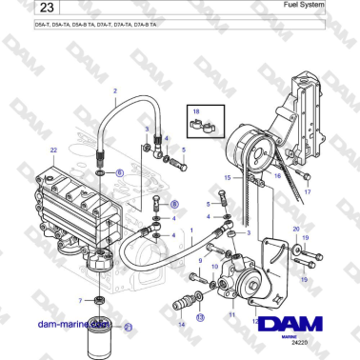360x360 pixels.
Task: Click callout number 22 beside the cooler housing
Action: click(x=53, y=150)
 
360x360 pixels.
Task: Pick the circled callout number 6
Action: click(x=120, y=172)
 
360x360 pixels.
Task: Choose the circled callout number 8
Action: click(x=174, y=204)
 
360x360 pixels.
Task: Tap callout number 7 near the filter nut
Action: click(x=81, y=301)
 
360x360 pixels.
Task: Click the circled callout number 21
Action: click(x=129, y=327)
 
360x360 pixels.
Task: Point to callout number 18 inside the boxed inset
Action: click(x=196, y=111)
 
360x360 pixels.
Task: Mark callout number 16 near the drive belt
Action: click(x=275, y=176)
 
